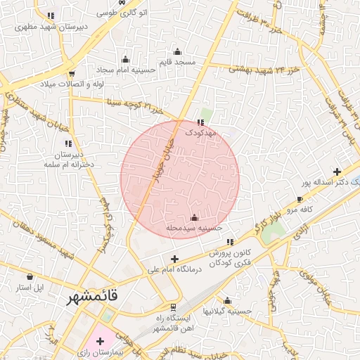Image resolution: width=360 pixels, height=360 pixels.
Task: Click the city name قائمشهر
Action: click(x=92, y=298)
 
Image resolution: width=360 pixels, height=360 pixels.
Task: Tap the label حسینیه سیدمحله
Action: click(x=194, y=229)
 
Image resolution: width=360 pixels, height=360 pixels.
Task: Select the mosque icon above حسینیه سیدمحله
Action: click(x=195, y=218)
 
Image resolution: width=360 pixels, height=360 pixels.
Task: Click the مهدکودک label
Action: click(x=202, y=132)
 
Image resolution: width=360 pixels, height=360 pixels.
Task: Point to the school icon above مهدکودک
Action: click(x=202, y=122)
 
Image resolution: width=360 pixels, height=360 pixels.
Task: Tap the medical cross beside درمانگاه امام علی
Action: click(x=175, y=259)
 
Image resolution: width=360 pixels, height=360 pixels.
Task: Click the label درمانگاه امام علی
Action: click(x=175, y=269)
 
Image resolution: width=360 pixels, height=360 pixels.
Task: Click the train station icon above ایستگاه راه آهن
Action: click(x=173, y=308)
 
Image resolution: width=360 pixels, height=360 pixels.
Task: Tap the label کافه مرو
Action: click(x=297, y=210)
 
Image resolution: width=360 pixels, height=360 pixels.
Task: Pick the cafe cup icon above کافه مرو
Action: click(x=300, y=200)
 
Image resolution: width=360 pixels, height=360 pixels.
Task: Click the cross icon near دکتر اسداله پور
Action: click(x=337, y=172)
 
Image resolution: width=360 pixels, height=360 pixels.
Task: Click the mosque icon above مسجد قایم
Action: click(x=177, y=51)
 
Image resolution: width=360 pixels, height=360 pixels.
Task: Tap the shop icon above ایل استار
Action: click(x=30, y=276)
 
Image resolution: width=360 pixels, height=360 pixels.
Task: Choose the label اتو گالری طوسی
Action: click(x=122, y=13)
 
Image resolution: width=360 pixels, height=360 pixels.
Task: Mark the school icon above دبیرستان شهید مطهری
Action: click(x=51, y=15)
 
